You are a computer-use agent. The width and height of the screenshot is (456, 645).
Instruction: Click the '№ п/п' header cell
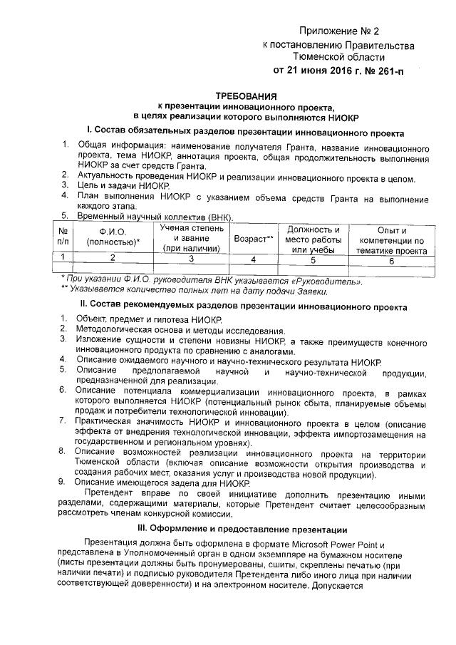pyautogui.click(x=63, y=237)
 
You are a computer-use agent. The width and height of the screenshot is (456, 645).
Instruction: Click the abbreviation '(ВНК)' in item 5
pyautogui.click(x=217, y=216)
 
